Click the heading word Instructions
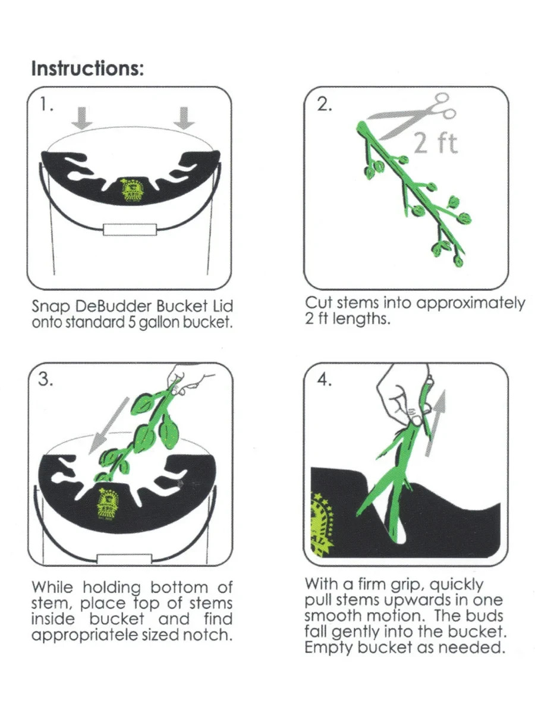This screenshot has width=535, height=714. click(87, 68)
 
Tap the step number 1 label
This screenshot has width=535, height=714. click(46, 105)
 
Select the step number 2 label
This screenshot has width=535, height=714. click(324, 105)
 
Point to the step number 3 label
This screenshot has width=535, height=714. click(45, 378)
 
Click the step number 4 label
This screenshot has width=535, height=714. click(324, 379)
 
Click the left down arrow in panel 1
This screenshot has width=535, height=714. click(82, 118)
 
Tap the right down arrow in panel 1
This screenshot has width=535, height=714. click(184, 118)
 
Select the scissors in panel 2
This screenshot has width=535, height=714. click(412, 116)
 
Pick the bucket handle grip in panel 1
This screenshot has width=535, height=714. click(130, 229)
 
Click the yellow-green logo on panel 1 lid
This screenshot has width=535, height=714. click(131, 191)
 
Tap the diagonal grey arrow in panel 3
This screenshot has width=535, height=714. click(109, 425)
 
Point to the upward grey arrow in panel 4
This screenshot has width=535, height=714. click(435, 423)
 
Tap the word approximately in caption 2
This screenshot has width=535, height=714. click(471, 303)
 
